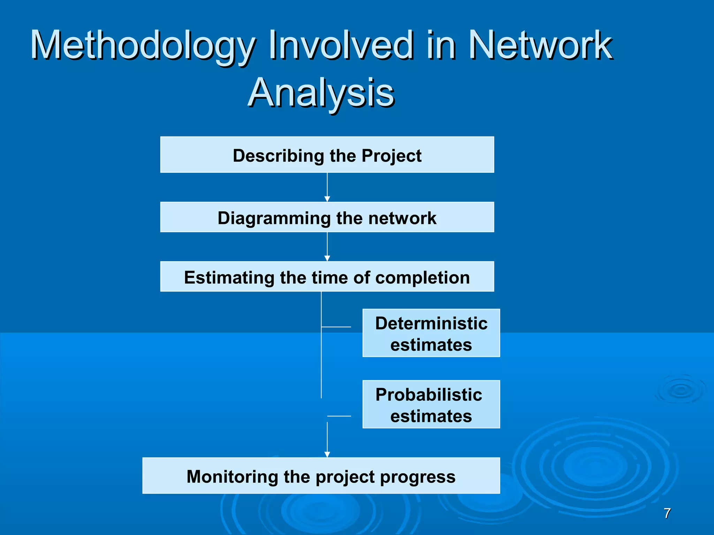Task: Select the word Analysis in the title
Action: (x=321, y=93)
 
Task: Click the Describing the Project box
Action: (x=327, y=155)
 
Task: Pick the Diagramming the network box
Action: (x=327, y=217)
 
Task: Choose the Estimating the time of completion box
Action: (x=327, y=277)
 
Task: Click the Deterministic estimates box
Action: (x=431, y=333)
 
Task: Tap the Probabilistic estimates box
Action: (x=431, y=404)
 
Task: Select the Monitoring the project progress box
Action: (x=321, y=476)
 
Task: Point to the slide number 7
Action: (x=667, y=513)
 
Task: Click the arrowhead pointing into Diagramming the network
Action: (x=327, y=199)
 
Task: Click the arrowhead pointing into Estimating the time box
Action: (x=327, y=258)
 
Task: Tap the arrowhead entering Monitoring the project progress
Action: (x=327, y=454)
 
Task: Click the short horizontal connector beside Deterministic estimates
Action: (x=336, y=327)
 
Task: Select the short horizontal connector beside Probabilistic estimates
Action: (x=339, y=416)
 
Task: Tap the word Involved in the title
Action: (x=340, y=45)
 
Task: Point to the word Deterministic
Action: (x=431, y=323)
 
